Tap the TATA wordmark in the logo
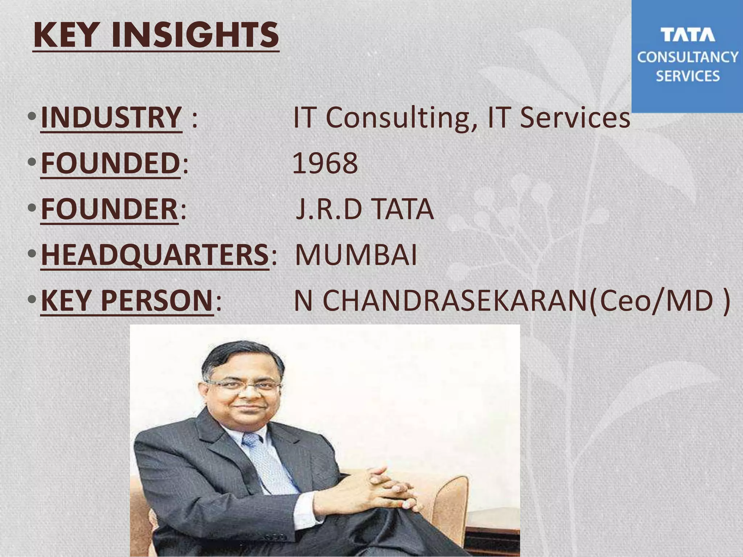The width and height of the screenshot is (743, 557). pos(687,35)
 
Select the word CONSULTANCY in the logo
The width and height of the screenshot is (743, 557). pos(687,57)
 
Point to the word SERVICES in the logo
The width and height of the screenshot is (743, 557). pos(687,76)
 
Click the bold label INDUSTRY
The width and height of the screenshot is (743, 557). pos(111,117)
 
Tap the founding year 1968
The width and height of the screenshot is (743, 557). pos(325,163)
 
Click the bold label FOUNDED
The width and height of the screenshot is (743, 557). pos(110,163)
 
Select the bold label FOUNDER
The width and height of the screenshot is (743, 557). pos(109,209)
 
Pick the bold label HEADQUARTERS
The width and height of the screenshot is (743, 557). pos(155,255)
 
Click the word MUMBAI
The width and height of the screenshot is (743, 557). pos(356,255)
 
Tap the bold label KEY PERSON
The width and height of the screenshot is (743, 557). pos(127,301)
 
